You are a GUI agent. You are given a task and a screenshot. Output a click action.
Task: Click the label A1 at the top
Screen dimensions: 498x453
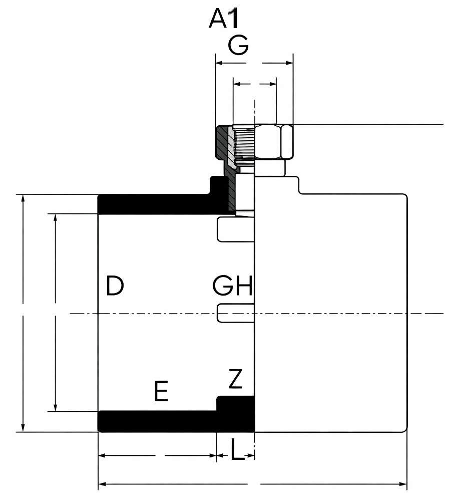(x=225, y=19)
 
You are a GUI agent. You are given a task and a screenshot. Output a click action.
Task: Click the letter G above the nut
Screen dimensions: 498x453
(x=238, y=46)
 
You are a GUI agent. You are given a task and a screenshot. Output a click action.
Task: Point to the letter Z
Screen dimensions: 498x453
(x=235, y=379)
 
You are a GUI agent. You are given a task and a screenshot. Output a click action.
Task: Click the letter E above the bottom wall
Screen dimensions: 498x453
(x=161, y=391)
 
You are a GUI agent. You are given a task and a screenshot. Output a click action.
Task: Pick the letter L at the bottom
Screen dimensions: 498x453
(x=238, y=449)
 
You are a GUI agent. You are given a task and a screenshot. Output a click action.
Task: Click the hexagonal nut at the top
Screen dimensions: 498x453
(x=273, y=142)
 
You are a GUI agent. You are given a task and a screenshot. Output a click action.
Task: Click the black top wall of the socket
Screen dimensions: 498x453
(x=155, y=204)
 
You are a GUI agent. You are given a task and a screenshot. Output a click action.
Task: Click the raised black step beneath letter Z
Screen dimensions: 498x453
(x=235, y=404)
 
